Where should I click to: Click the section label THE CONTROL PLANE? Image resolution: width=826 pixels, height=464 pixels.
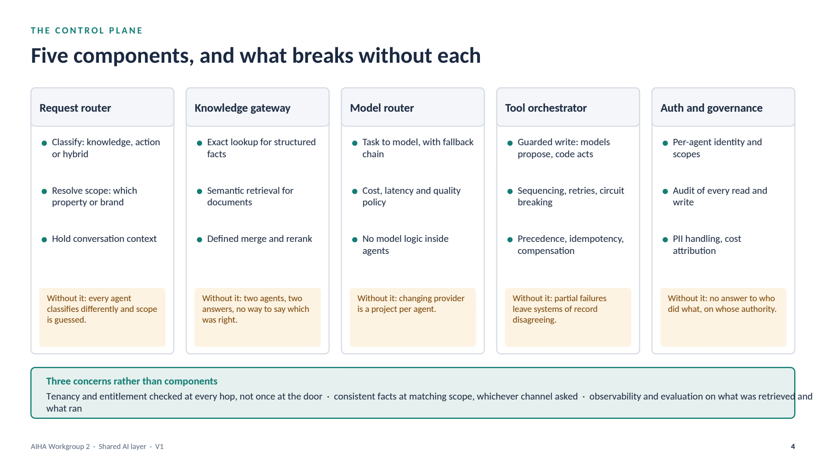[86, 31]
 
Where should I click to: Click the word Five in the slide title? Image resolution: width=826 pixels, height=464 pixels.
[49, 56]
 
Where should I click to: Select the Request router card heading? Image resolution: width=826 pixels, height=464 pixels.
[75, 108]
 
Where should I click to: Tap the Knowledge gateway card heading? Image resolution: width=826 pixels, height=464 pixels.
[243, 108]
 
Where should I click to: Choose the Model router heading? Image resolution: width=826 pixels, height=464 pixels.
[382, 108]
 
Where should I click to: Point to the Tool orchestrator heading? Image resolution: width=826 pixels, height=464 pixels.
[546, 108]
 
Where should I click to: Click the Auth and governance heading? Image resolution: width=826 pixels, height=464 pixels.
[712, 108]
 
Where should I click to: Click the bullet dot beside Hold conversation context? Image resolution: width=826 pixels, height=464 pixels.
[44, 240]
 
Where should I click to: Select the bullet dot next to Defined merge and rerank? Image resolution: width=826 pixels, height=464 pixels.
[200, 240]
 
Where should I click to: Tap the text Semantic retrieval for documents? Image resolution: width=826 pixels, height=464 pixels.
[250, 196]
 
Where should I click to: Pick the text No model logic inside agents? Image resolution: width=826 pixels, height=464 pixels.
[405, 245]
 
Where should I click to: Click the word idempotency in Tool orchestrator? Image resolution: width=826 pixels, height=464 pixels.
[597, 239]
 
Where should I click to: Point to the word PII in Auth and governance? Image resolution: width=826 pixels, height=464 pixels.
[678, 239]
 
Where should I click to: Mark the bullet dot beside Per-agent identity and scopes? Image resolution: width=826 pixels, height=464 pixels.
[665, 143]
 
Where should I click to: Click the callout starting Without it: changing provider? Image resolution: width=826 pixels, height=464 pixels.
[413, 317]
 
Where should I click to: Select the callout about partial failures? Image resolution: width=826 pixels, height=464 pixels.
[568, 317]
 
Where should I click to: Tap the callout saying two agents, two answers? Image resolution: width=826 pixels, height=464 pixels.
[258, 317]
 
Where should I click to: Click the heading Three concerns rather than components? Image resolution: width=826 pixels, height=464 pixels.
[132, 381]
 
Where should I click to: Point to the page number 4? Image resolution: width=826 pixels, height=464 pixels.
[793, 447]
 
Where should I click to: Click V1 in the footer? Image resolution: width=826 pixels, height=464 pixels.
[160, 447]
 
